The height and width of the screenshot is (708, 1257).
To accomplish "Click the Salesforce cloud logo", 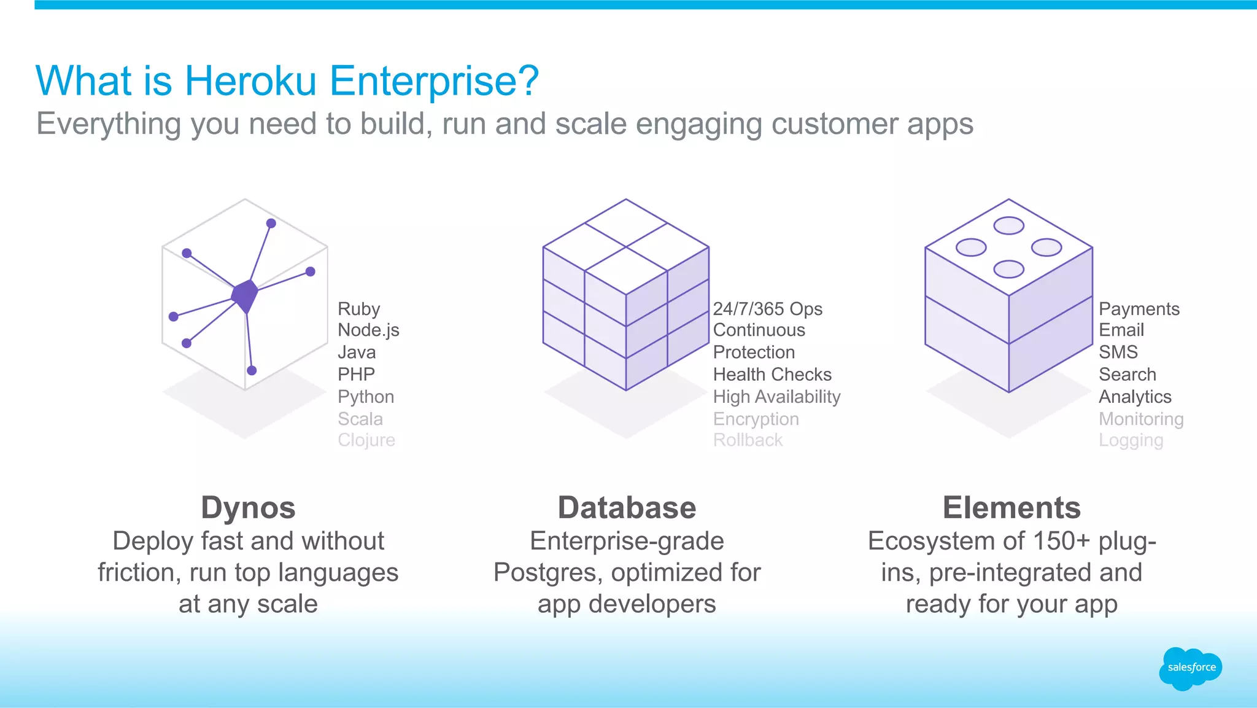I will coord(1190,668).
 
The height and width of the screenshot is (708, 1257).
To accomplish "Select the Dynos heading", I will coord(248,508).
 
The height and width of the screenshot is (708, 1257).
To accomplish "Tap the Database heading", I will coord(627,508).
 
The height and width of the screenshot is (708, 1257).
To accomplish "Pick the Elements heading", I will coord(1011,508).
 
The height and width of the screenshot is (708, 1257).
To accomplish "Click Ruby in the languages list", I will coord(359,309).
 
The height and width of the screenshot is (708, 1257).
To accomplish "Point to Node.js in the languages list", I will coord(368,330).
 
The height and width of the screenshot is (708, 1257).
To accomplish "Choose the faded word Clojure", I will coord(366,440).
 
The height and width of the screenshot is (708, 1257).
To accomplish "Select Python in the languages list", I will coord(366,397).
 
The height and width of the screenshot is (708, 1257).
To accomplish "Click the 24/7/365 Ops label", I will coord(767,309).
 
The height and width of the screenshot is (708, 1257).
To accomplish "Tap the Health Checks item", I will coord(772,375).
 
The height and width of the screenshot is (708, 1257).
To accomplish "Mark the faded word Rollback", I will coord(748,440).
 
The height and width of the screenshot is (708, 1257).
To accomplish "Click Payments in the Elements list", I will coord(1139,309).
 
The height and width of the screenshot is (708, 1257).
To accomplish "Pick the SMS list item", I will coord(1118,352).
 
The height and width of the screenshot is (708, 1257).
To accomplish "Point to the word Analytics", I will coord(1135,397).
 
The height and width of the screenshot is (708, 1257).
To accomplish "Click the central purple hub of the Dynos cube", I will coord(245,295).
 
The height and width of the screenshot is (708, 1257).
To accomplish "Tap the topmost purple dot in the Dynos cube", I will coord(271,224).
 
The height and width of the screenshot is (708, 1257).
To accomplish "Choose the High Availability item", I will coord(776,397).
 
